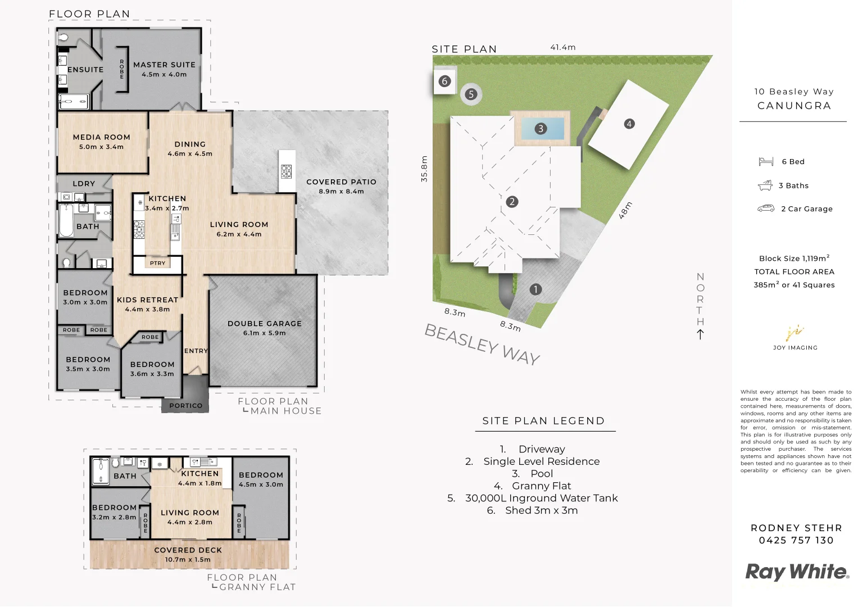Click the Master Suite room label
[x=164, y=65]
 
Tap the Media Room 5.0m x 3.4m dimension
[x=101, y=147]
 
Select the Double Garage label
[x=264, y=324]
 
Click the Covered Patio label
[x=341, y=182]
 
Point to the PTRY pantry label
[x=157, y=263]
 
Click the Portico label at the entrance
[x=185, y=405]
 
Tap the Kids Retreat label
[x=147, y=300]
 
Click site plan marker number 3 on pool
[x=541, y=129]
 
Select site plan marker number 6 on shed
[x=444, y=81]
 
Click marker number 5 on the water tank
[x=471, y=94]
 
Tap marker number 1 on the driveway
[x=535, y=289]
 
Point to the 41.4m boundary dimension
[x=562, y=47]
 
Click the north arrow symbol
[x=700, y=334]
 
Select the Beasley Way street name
[x=482, y=344]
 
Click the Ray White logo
[x=796, y=572]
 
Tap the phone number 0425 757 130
[x=796, y=540]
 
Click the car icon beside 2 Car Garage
[x=765, y=209]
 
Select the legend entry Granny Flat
[x=533, y=486]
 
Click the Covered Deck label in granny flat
[x=188, y=550]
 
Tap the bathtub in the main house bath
[x=66, y=220]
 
